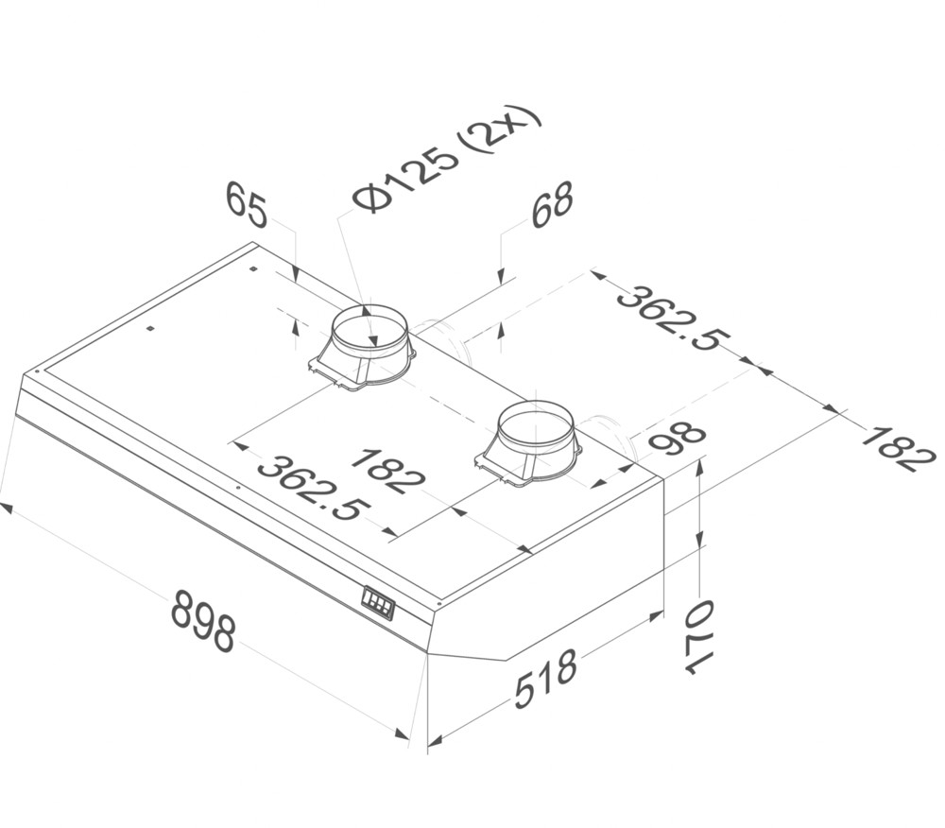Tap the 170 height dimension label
click(x=697, y=636)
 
